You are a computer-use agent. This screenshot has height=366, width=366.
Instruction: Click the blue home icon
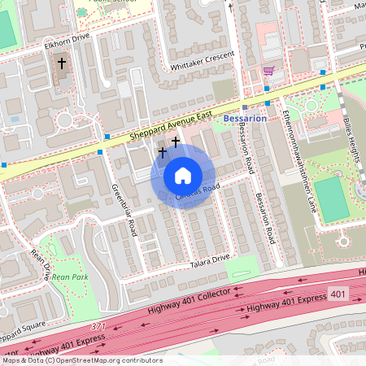(183, 176)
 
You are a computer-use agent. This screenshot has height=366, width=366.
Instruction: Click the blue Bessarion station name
(244, 119)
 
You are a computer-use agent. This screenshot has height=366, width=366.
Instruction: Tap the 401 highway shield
(339, 292)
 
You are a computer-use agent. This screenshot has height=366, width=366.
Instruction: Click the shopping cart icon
(268, 72)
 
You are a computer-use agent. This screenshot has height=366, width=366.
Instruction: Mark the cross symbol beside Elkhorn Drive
(61, 63)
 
